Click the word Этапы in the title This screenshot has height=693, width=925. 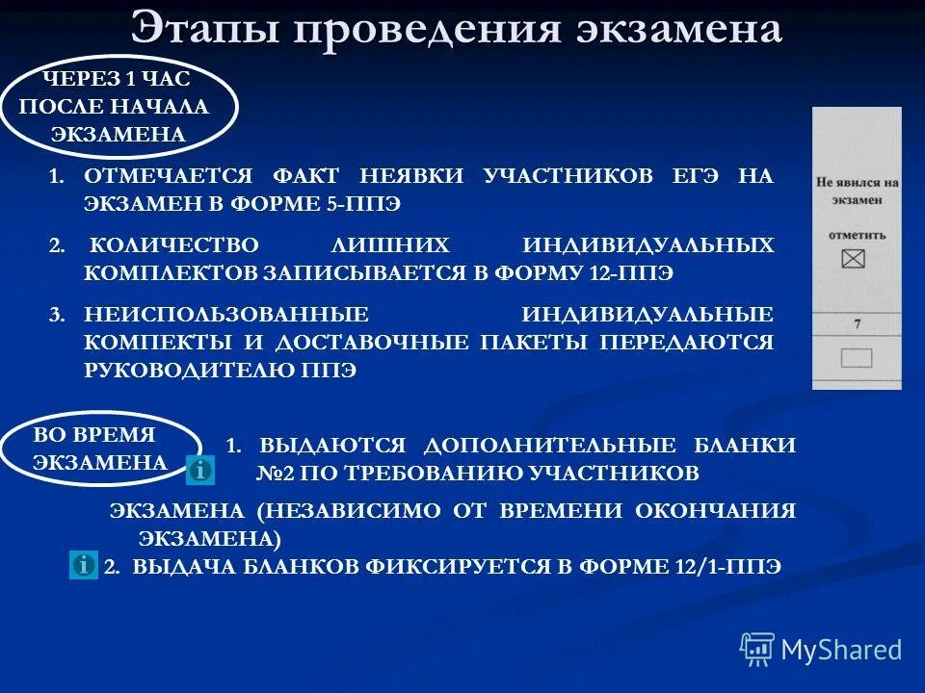pos(201,29)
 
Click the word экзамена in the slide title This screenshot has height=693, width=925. pos(678,29)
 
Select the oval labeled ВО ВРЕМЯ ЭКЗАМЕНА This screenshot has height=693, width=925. pos(99,448)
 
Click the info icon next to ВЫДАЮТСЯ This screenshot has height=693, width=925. pos(200,470)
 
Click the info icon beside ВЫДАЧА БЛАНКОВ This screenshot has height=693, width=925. pos(84,565)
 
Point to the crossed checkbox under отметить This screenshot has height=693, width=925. pos(854,258)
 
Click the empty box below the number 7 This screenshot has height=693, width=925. pos(856,358)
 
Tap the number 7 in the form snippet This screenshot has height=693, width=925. pos(857,326)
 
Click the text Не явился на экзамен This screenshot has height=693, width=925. pos(857,190)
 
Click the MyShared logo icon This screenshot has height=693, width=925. pos(757,650)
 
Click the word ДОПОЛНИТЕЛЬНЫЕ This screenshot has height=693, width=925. pos(552,446)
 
